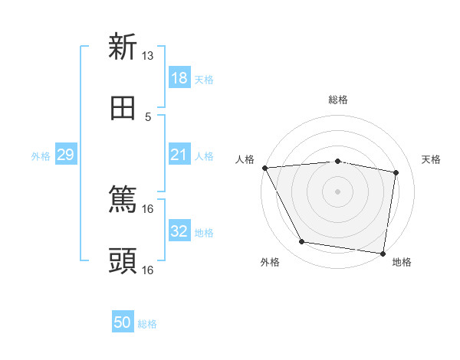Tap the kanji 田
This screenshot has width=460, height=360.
(x=123, y=108)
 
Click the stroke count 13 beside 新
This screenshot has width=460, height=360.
(x=148, y=56)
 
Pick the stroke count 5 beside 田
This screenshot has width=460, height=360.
(x=148, y=116)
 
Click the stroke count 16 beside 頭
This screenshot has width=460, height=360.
(x=148, y=270)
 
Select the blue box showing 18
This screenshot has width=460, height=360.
(x=179, y=78)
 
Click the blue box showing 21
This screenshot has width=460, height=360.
(x=179, y=155)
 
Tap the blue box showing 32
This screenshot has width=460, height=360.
(x=179, y=231)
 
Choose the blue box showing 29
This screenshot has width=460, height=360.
(x=65, y=155)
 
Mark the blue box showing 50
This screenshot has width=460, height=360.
(x=123, y=323)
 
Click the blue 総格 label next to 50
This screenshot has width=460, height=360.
(x=147, y=324)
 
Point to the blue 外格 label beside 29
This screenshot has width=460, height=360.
(x=41, y=155)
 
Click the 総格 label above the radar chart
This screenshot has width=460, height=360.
(x=338, y=100)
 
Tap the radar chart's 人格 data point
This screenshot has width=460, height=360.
(x=264, y=168)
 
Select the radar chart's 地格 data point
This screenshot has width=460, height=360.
(x=383, y=253)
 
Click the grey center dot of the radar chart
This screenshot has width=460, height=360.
(x=338, y=191)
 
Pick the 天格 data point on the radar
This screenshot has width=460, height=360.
(x=396, y=172)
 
